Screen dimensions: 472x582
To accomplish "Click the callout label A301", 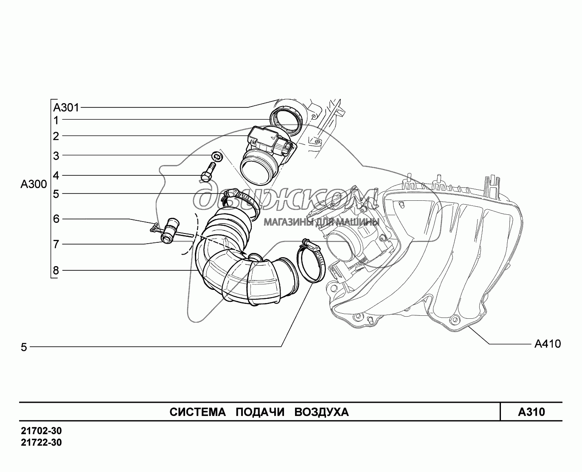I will (x=66, y=107).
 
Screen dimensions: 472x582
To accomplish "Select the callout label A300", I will (x=34, y=185).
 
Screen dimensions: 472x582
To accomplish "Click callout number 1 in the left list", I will (x=56, y=120).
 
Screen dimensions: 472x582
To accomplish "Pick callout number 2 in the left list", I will (x=56, y=136).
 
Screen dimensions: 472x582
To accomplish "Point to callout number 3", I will (x=56, y=156).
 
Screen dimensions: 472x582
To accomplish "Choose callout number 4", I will (x=56, y=175).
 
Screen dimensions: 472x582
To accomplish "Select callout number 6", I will (x=56, y=219).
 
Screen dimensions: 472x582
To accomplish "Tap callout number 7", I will (x=56, y=244).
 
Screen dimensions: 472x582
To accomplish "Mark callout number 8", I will (x=56, y=270).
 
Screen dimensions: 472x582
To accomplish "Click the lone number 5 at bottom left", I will (x=24, y=348).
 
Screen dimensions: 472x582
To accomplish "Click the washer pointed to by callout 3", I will (x=216, y=156).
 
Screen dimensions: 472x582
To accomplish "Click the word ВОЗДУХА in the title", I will (x=321, y=412).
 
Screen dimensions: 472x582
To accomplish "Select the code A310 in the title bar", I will (x=531, y=412).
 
